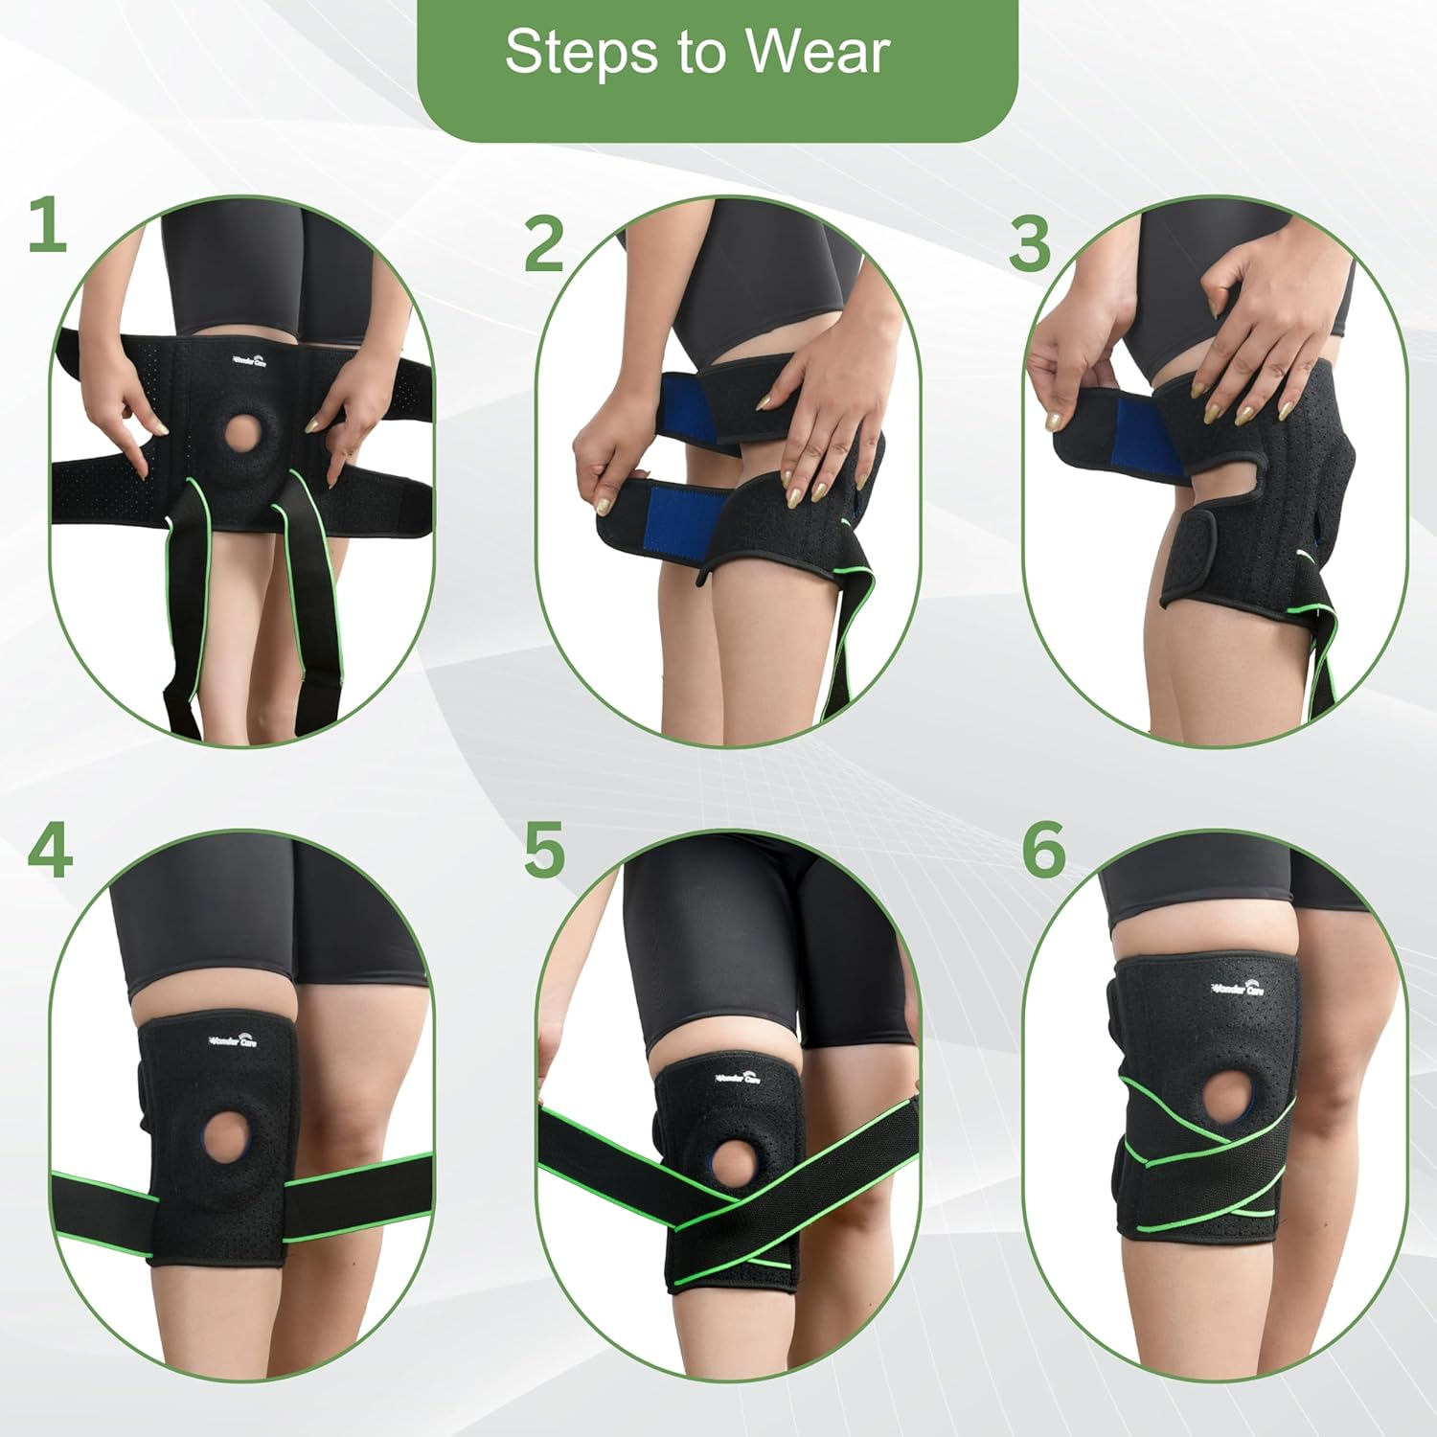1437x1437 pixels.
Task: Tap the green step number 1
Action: [47, 226]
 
